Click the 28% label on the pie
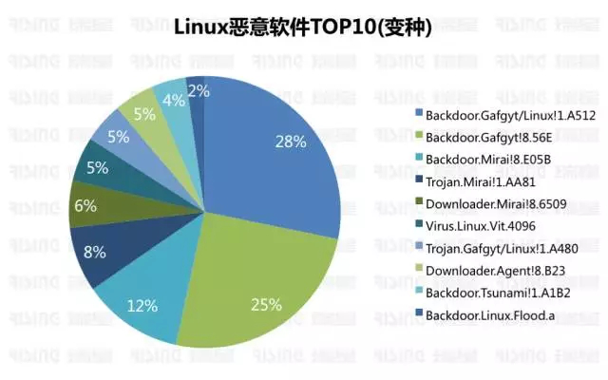[x=290, y=142]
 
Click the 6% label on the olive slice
[x=85, y=204]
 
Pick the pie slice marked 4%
[x=173, y=99]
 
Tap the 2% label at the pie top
[x=199, y=91]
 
